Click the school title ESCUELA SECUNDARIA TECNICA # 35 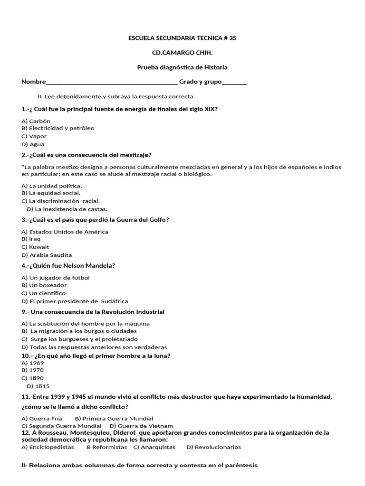182,38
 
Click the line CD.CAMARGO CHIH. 182,53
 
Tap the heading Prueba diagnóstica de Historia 182,67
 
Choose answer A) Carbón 36,121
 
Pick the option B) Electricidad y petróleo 58,128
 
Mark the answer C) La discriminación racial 61,201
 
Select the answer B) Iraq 31,239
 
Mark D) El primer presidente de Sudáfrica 75,301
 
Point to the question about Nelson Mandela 68,266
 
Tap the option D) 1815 38,386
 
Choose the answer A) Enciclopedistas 48,447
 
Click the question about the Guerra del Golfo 95,220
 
